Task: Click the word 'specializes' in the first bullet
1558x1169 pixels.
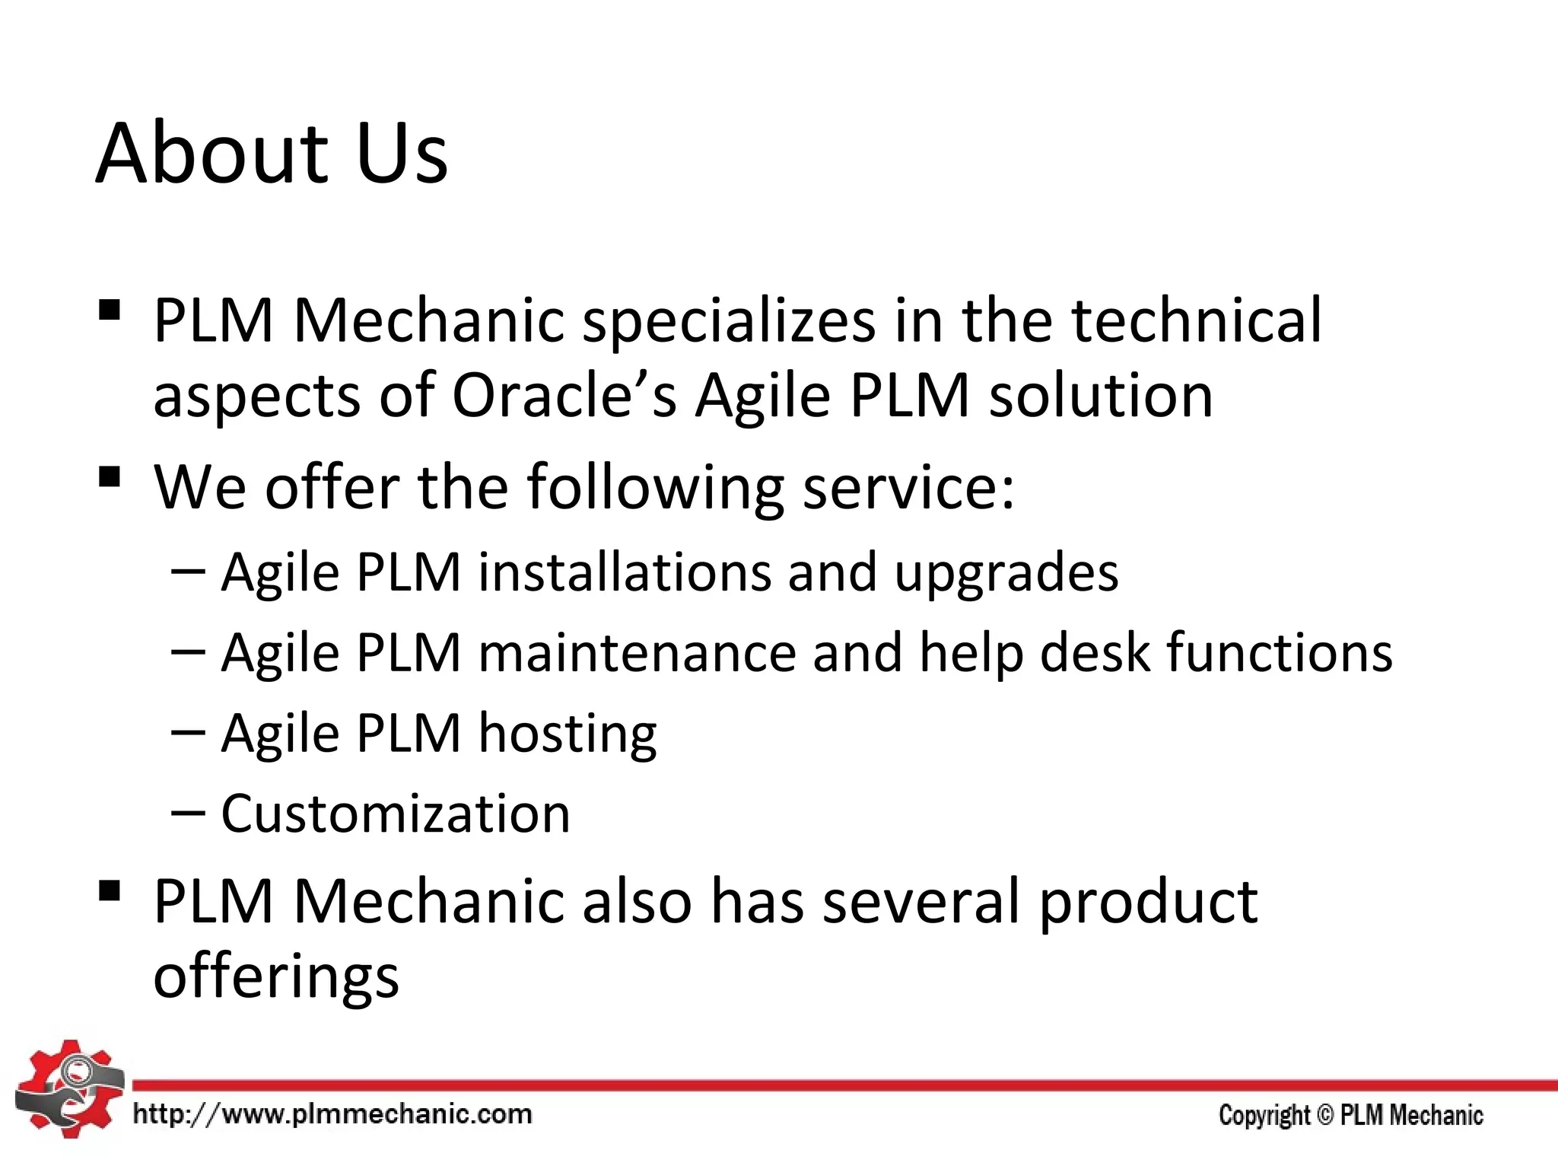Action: point(728,321)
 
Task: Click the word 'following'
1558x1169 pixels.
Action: point(655,487)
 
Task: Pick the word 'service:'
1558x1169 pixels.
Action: point(909,487)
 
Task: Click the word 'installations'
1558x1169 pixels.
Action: point(624,572)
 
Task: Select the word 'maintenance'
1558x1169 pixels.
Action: point(637,653)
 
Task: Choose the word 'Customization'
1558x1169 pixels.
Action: point(396,814)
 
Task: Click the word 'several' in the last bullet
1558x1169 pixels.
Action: point(920,902)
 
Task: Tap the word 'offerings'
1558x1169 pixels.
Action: point(276,977)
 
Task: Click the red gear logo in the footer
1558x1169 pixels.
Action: point(68,1088)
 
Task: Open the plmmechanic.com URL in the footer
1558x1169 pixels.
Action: point(332,1115)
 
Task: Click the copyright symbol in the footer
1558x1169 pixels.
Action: point(1325,1115)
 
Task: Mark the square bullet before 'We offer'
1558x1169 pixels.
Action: point(110,478)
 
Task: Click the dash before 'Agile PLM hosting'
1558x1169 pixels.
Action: point(188,732)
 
